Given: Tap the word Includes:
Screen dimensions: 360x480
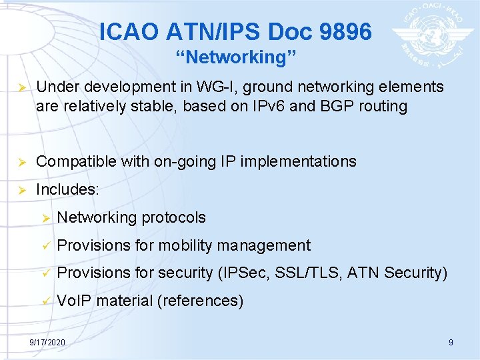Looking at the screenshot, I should (67, 189).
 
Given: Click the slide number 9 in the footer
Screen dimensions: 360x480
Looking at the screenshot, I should (451, 342).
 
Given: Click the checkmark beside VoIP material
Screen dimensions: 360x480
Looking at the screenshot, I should (45, 301).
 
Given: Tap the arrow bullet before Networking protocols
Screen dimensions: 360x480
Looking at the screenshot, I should (45, 217).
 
